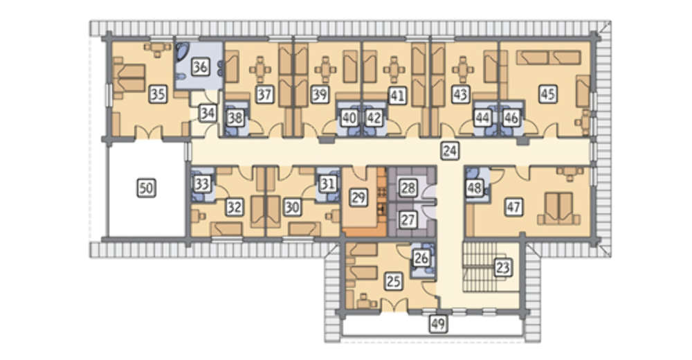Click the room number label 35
pyautogui.click(x=158, y=94)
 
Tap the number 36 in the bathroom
pyautogui.click(x=200, y=67)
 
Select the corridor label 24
pyautogui.click(x=450, y=151)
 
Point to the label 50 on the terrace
pyautogui.click(x=146, y=188)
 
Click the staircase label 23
pyautogui.click(x=503, y=267)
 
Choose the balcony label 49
pyautogui.click(x=438, y=324)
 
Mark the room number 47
pyautogui.click(x=513, y=207)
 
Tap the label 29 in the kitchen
pyautogui.click(x=358, y=197)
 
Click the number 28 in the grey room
pyautogui.click(x=408, y=188)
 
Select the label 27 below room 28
pyautogui.click(x=408, y=219)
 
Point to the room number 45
pyautogui.click(x=547, y=94)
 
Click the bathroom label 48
pyautogui.click(x=475, y=188)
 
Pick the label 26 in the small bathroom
pyautogui.click(x=421, y=258)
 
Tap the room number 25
pyautogui.click(x=393, y=281)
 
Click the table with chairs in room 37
pyautogui.click(x=260, y=70)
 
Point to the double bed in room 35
pyautogui.click(x=129, y=78)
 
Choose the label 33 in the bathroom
pyautogui.click(x=201, y=184)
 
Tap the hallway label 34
pyautogui.click(x=208, y=114)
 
